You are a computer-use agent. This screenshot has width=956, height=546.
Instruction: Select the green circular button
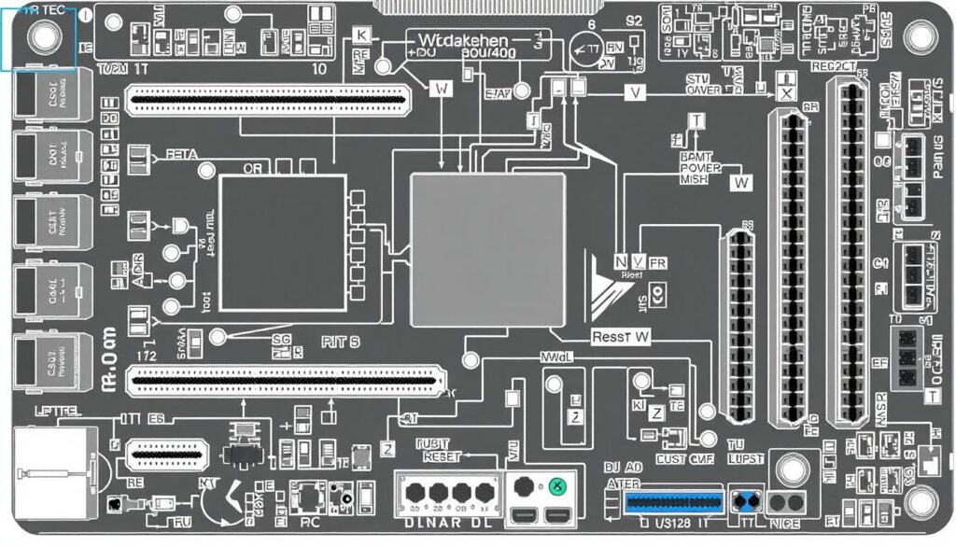[557, 485]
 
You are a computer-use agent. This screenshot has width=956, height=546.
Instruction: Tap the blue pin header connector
[673, 502]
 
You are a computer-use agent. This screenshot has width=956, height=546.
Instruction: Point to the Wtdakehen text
[464, 41]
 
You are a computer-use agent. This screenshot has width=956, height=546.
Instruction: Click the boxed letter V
[637, 92]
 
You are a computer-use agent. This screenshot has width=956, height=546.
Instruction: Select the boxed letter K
[362, 35]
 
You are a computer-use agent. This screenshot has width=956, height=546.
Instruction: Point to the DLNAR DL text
[446, 524]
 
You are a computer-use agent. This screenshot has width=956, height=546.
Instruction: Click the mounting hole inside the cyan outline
[44, 36]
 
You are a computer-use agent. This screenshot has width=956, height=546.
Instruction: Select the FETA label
[181, 155]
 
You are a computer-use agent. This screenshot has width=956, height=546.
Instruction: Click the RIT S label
[340, 342]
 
